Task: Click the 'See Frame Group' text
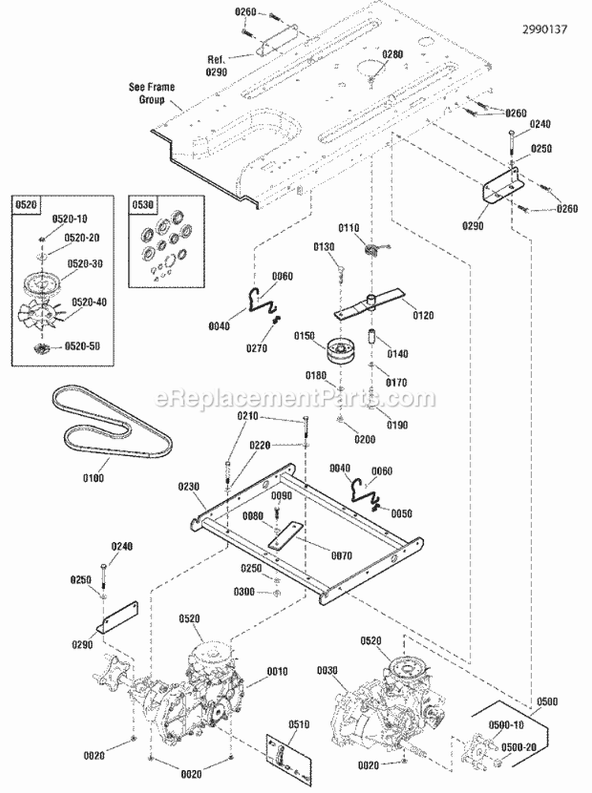coord(152,93)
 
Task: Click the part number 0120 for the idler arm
coord(423,316)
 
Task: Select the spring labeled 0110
coord(369,249)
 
